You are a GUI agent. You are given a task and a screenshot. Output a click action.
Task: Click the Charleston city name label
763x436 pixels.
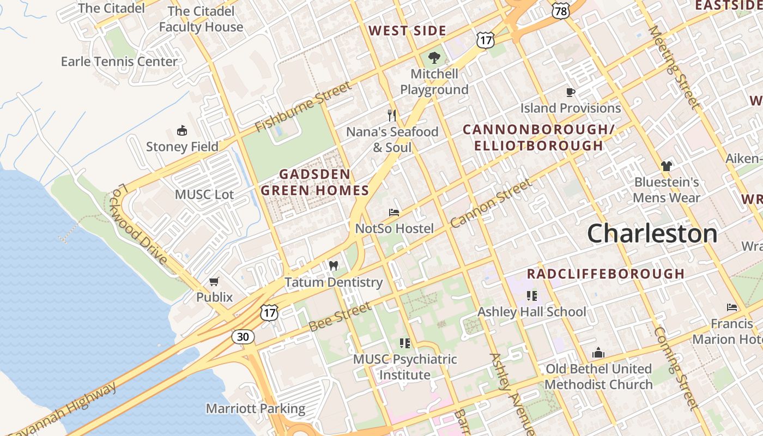pyautogui.click(x=652, y=234)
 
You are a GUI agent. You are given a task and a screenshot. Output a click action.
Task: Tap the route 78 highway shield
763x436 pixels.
pyautogui.click(x=560, y=10)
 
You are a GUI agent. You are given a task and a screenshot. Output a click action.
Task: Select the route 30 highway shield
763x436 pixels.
pyautogui.click(x=243, y=337)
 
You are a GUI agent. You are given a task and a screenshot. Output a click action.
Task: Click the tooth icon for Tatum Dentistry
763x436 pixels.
pyautogui.click(x=334, y=266)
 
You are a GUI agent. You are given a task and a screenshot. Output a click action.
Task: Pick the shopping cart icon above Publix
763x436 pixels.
pyautogui.click(x=214, y=282)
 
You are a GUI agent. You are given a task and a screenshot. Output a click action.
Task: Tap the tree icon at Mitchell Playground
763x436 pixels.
pyautogui.click(x=434, y=57)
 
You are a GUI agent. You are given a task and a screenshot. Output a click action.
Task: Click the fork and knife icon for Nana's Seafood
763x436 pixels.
pyautogui.click(x=391, y=115)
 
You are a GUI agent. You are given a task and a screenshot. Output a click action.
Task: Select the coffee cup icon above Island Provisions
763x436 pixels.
pyautogui.click(x=571, y=92)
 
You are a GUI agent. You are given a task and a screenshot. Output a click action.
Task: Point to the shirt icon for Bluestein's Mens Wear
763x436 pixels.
pyautogui.click(x=666, y=166)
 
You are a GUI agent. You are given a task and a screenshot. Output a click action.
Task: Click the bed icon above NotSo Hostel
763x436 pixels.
pyautogui.click(x=394, y=213)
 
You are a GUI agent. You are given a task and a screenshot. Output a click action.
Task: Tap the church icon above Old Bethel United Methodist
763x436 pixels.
pyautogui.click(x=598, y=353)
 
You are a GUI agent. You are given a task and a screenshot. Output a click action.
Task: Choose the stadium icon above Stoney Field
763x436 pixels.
pyautogui.click(x=182, y=131)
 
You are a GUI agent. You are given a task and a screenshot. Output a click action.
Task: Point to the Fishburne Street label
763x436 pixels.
pyautogui.click(x=304, y=107)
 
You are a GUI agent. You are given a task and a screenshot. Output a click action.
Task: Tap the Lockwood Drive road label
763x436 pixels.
pyautogui.click(x=140, y=224)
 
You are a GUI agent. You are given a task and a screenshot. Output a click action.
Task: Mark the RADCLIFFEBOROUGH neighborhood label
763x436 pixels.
pyautogui.click(x=605, y=274)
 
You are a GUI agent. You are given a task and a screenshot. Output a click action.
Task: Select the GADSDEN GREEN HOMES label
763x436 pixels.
pyautogui.click(x=315, y=182)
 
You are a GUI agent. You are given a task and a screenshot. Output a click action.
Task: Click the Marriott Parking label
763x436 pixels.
pyautogui.click(x=255, y=408)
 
